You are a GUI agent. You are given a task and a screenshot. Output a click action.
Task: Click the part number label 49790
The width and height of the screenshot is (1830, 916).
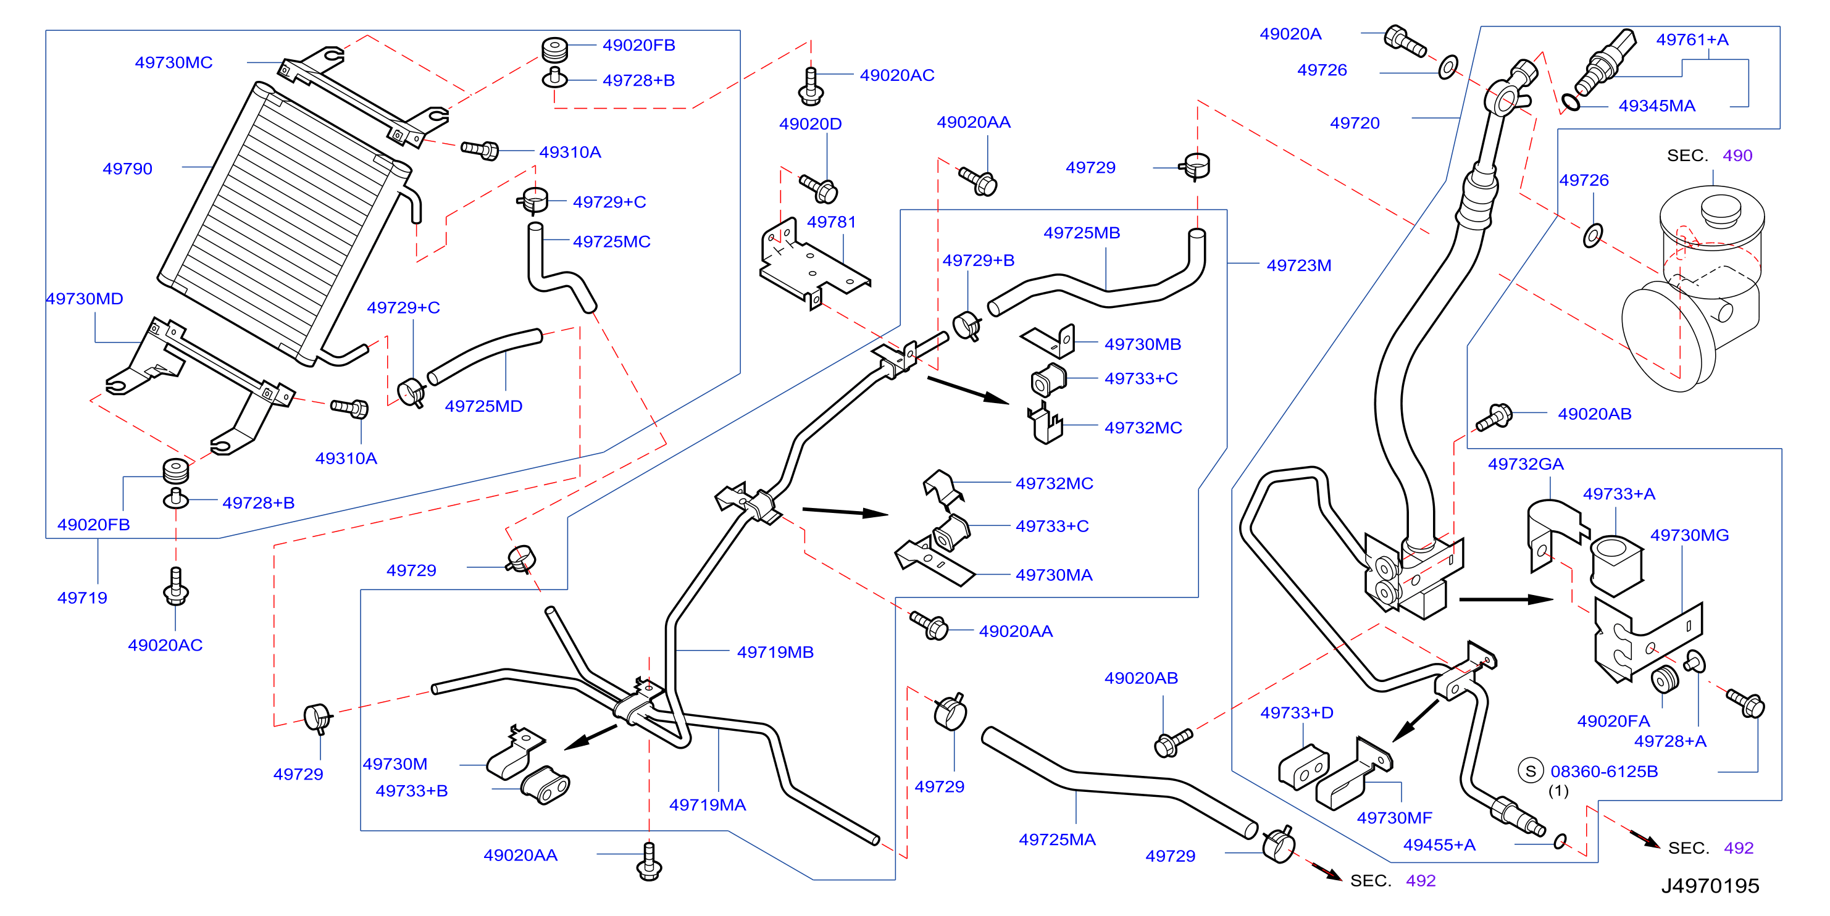click(x=127, y=169)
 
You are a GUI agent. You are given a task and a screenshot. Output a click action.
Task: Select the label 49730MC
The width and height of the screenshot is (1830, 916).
click(x=174, y=62)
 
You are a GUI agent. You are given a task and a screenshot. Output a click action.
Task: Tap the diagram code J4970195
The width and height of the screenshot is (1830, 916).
click(x=1710, y=886)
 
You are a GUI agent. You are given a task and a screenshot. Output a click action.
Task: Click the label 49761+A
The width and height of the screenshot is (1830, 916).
click(x=1692, y=40)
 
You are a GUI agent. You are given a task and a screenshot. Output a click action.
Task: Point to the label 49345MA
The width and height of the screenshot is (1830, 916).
click(x=1657, y=106)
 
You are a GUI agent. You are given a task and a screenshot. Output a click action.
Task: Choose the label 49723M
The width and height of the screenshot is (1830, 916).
click(x=1298, y=265)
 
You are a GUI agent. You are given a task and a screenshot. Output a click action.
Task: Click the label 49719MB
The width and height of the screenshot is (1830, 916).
click(x=775, y=652)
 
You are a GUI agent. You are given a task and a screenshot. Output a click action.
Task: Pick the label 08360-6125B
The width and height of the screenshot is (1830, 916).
click(x=1604, y=771)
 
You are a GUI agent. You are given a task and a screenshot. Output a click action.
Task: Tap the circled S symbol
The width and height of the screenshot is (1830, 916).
click(x=1530, y=771)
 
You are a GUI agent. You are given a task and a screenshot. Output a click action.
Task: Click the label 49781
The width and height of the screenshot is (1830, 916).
click(x=831, y=222)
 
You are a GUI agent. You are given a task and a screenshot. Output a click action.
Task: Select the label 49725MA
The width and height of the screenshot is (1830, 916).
click(x=1057, y=839)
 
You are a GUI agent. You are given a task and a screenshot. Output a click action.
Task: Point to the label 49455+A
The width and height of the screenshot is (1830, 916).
click(x=1439, y=845)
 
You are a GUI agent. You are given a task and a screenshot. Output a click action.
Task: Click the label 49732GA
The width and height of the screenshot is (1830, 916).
click(x=1526, y=464)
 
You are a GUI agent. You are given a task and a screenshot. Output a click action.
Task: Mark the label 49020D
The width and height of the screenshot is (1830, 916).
click(x=811, y=124)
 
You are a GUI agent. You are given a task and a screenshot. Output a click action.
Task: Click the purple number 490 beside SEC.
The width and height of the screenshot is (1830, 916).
click(x=1737, y=156)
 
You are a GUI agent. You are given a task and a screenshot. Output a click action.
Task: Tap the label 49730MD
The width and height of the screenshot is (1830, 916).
click(x=85, y=299)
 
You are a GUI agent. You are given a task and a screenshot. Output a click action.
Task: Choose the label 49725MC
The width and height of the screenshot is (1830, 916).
click(x=612, y=241)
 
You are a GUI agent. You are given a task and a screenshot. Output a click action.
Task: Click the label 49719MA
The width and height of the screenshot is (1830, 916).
click(x=708, y=804)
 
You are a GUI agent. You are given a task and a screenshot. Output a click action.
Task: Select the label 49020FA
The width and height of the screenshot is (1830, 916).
click(x=1613, y=722)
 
